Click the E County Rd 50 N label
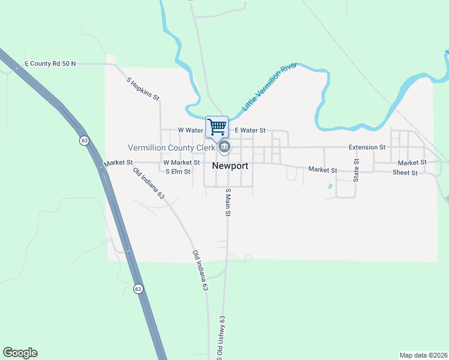(x=50, y=63)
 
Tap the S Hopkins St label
(x=143, y=88)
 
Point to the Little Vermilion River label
(x=270, y=86)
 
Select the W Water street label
(x=191, y=130)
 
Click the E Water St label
(x=250, y=130)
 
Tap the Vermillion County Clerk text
(x=171, y=148)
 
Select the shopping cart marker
(x=217, y=127)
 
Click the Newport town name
(x=238, y=166)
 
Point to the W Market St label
(x=181, y=163)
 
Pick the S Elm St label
(x=178, y=172)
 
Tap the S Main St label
(x=228, y=202)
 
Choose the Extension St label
(x=367, y=147)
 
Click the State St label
(x=356, y=170)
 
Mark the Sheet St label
(x=405, y=172)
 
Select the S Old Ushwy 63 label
(x=221, y=337)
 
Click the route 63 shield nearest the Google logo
(x=139, y=289)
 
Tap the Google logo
(x=20, y=353)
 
